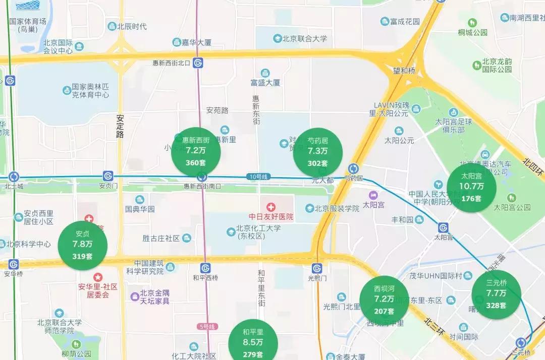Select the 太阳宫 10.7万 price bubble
(471, 187)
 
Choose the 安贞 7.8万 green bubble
(82, 245)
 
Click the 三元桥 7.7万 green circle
(496, 294)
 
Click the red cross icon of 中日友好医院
(271, 207)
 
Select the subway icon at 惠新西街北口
(198, 63)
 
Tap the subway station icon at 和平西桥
(205, 268)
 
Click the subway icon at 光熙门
(317, 268)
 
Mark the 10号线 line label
(259, 176)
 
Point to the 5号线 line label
(206, 327)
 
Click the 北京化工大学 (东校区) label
(258, 232)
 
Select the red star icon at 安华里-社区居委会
(97, 277)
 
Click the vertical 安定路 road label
(120, 127)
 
